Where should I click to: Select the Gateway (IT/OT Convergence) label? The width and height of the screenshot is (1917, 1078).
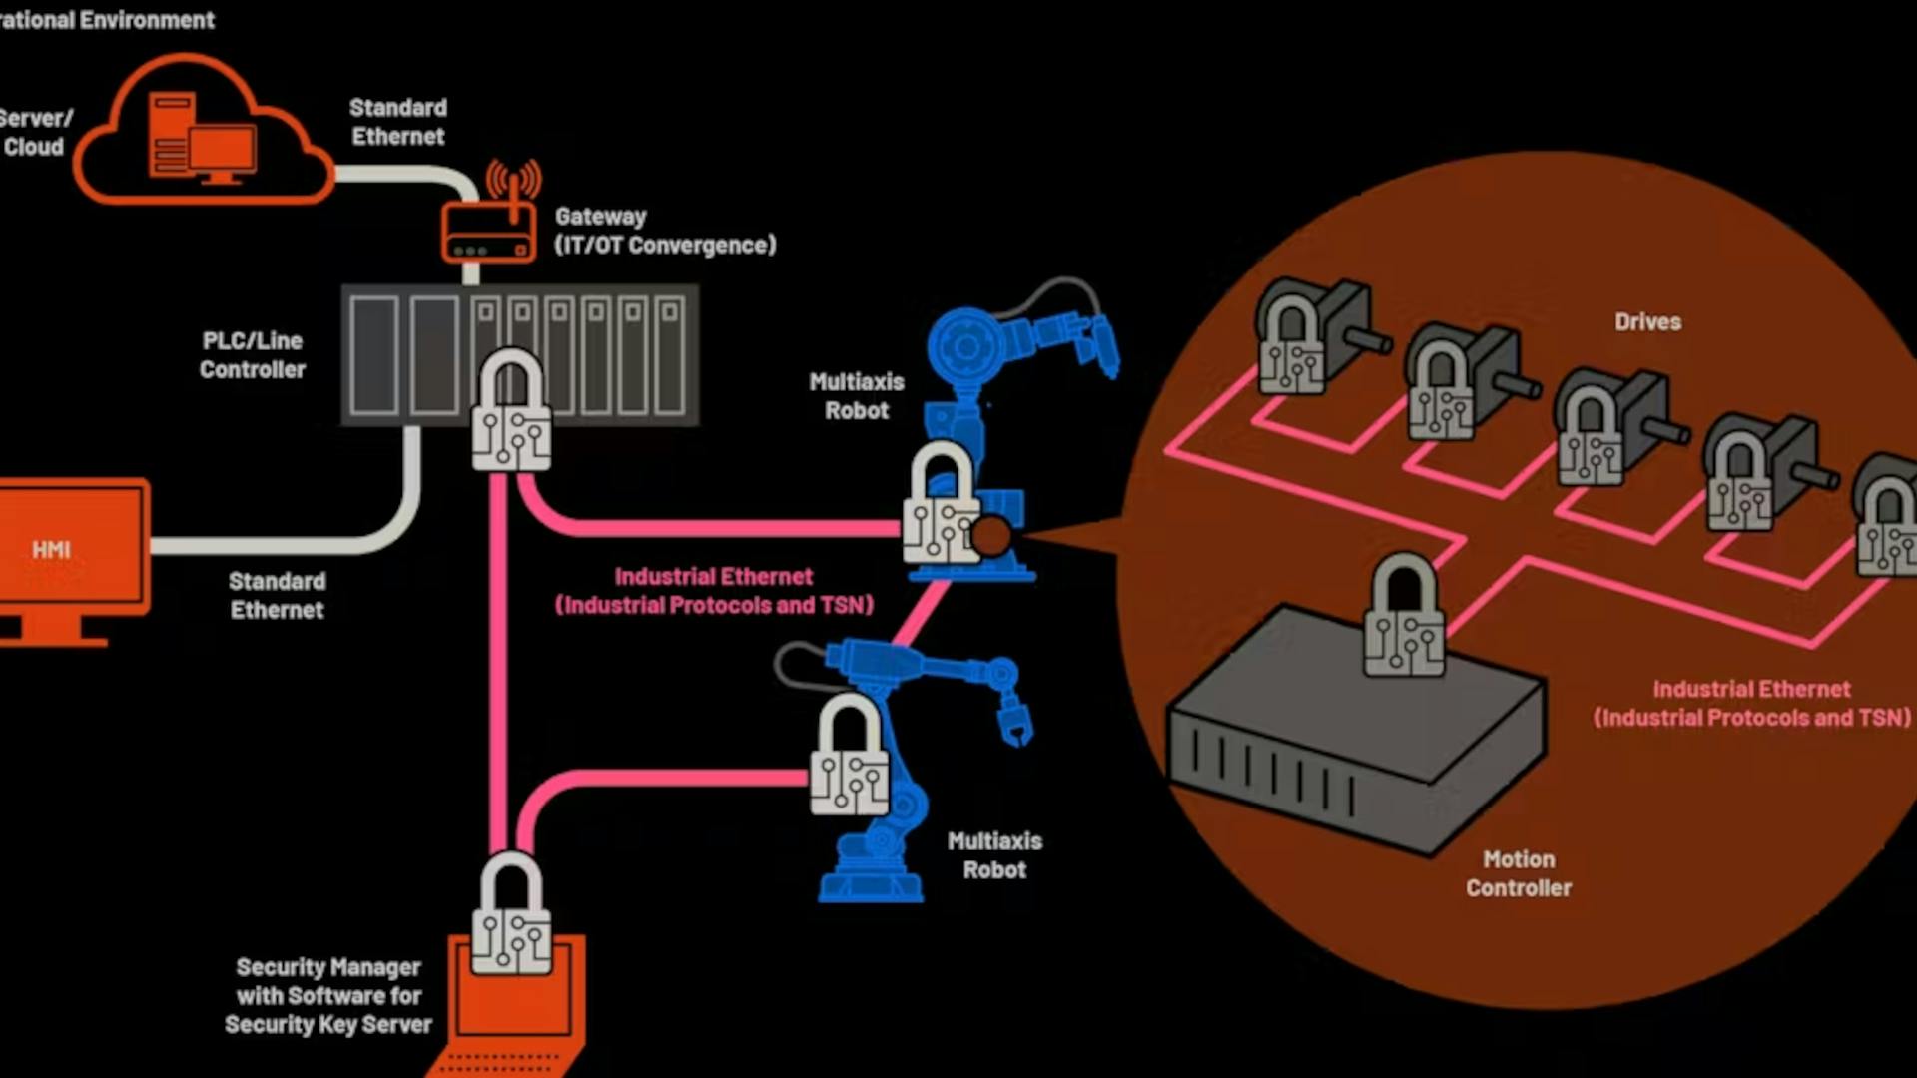click(665, 231)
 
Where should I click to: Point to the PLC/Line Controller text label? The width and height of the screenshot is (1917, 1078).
click(253, 355)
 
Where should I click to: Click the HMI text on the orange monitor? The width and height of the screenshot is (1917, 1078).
click(51, 550)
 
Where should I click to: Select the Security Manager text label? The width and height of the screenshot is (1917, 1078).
click(328, 995)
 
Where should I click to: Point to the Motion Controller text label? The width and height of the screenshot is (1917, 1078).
click(1518, 873)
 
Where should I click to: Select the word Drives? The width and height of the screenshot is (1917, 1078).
click(1647, 322)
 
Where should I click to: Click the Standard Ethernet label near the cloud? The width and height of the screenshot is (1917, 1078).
click(398, 122)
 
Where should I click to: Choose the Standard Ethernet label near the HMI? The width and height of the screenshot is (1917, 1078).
click(277, 596)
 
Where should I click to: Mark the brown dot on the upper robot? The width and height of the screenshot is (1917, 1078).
click(991, 536)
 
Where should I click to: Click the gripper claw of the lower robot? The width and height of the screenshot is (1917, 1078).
click(1016, 724)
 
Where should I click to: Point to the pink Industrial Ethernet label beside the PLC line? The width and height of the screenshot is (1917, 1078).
click(714, 591)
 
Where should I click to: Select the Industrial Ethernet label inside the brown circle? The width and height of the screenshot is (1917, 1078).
click(1751, 704)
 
